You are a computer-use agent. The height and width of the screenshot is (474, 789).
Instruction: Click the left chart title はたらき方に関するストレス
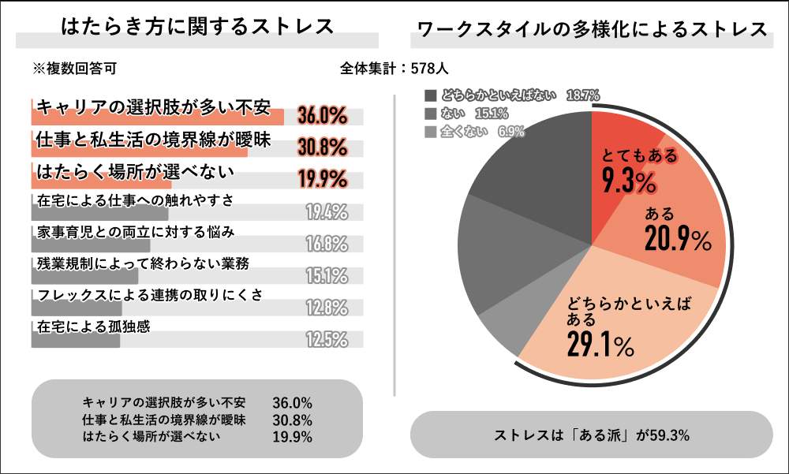pyautogui.click(x=197, y=27)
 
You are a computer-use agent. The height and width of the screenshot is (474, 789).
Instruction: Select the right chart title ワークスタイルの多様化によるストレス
pyautogui.click(x=593, y=29)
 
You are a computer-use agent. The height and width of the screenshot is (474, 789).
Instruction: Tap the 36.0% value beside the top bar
pyautogui.click(x=323, y=116)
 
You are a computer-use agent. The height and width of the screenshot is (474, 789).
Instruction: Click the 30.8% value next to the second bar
pyautogui.click(x=323, y=147)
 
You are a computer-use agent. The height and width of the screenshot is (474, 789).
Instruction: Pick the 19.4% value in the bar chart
pyautogui.click(x=327, y=211)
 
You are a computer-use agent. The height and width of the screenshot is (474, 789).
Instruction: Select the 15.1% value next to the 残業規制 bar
pyautogui.click(x=327, y=275)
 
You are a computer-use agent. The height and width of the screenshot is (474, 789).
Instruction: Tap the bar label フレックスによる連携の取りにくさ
pyautogui.click(x=149, y=294)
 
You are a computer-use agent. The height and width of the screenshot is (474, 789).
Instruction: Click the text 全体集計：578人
pyautogui.click(x=394, y=69)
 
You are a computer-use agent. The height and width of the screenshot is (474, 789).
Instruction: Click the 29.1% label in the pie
pyautogui.click(x=600, y=344)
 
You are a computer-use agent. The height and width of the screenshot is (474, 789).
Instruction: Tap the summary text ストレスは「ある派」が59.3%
pyautogui.click(x=592, y=435)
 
